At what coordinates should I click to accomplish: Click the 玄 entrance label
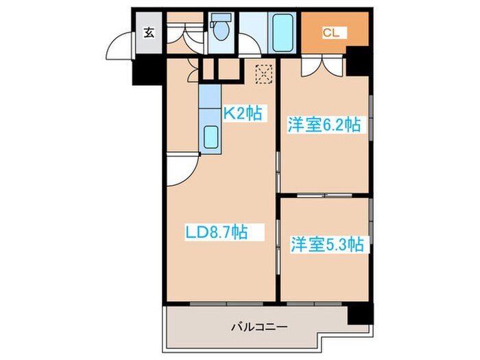148,32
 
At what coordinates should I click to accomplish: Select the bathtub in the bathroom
281,32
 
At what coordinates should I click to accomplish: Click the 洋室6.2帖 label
324,125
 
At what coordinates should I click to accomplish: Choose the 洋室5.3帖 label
327,243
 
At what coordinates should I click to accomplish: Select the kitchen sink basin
212,138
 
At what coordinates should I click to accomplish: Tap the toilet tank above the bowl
221,19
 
